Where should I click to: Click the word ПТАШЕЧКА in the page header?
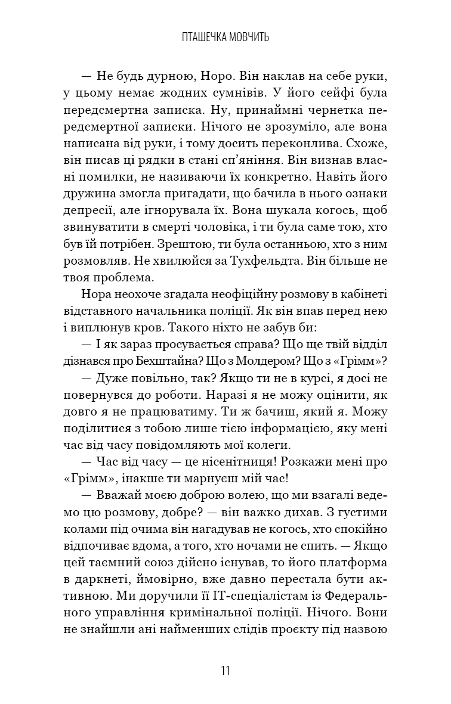click(203, 38)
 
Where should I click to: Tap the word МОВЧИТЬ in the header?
click(247, 38)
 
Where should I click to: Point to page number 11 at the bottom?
click(225, 670)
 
